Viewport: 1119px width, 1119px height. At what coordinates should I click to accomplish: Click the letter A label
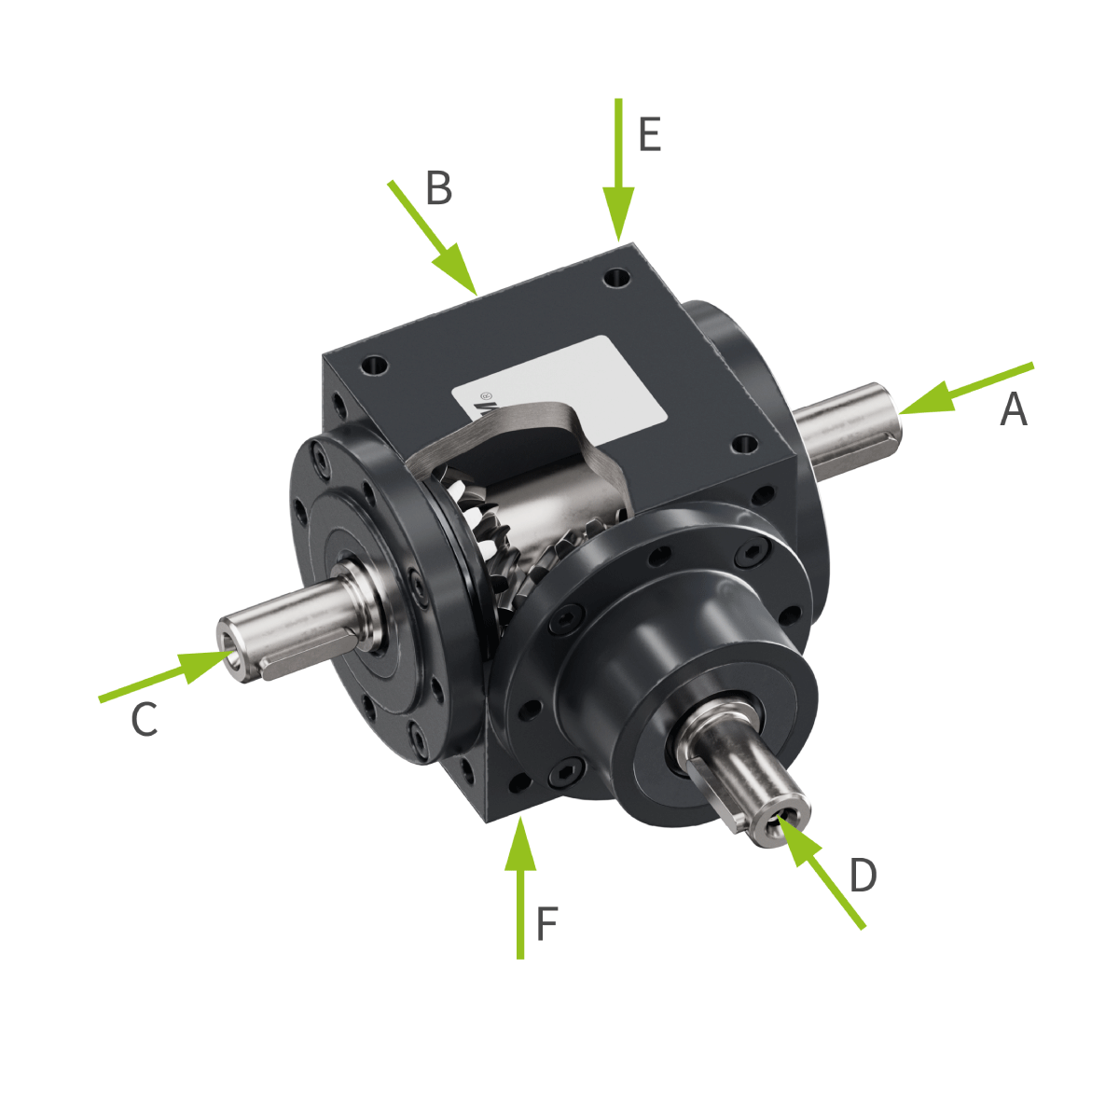point(1014,409)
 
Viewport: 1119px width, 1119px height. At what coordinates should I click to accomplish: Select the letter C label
point(144,720)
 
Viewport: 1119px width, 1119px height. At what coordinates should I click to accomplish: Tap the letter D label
point(863,876)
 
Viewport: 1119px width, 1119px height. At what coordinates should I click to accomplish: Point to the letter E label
point(649,135)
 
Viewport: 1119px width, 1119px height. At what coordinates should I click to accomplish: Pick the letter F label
point(546,924)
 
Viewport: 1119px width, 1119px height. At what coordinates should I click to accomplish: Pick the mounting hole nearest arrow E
point(615,277)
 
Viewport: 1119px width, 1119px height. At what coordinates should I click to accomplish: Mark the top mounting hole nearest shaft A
point(743,444)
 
